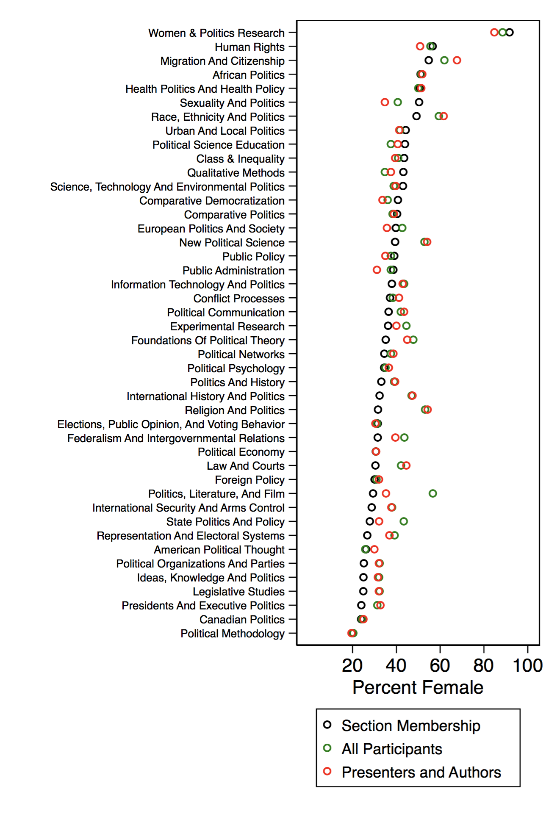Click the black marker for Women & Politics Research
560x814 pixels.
click(510, 32)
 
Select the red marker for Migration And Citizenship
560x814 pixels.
click(457, 60)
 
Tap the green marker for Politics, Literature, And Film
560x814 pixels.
click(432, 493)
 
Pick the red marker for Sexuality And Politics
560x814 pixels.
click(385, 102)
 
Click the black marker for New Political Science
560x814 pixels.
click(395, 242)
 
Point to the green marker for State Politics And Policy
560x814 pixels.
click(404, 521)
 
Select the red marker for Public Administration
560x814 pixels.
click(377, 270)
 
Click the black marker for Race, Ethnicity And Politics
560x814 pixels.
click(416, 116)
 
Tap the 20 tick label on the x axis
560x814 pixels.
click(352, 665)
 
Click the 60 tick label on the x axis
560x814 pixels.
click(440, 665)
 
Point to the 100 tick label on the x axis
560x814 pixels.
click(527, 665)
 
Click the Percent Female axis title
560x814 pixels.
click(418, 687)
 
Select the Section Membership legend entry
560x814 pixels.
click(411, 725)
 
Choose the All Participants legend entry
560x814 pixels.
click(392, 749)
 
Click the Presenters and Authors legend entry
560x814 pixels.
click(421, 772)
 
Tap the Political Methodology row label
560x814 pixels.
click(233, 634)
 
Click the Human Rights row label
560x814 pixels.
click(250, 47)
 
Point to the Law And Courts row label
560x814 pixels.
click(246, 466)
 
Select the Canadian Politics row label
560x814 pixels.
click(242, 620)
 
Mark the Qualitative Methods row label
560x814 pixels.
click(236, 173)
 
